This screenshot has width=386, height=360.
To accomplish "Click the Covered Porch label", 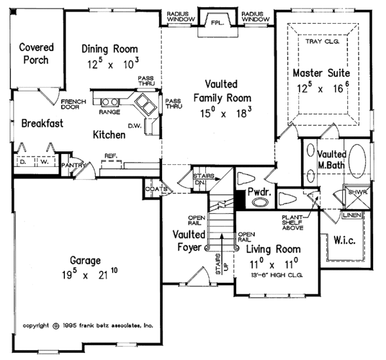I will click(x=36, y=54).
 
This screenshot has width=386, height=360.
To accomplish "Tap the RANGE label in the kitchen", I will click(x=105, y=111).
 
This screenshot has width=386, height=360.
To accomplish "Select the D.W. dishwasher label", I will click(x=134, y=126).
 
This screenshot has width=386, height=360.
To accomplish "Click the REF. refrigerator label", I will click(x=110, y=156).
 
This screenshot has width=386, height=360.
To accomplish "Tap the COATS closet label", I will click(x=156, y=189).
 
